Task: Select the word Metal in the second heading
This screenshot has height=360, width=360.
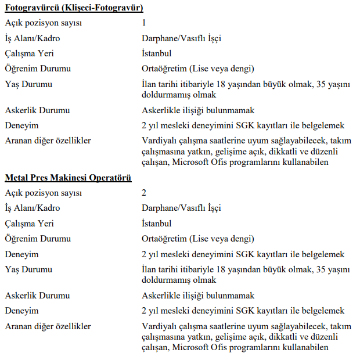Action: tap(17, 177)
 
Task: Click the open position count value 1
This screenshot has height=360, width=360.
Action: tap(144, 23)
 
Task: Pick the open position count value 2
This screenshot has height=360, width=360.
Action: tap(144, 193)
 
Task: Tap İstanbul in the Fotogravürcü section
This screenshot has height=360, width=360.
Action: tap(157, 53)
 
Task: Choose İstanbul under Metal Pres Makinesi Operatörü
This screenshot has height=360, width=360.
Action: tap(157, 224)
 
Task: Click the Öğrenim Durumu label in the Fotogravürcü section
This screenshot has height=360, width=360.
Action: tap(38, 69)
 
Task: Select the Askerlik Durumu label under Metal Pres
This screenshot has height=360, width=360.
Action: tap(37, 296)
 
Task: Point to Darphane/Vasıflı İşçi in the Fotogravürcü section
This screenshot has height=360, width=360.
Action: tap(181, 38)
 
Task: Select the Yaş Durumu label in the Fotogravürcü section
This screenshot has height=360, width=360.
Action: tap(28, 84)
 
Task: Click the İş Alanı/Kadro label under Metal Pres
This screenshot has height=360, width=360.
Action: tap(33, 208)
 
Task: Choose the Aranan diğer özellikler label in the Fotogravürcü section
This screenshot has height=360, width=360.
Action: tap(48, 141)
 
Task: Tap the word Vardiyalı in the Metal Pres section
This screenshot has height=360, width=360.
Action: tap(161, 326)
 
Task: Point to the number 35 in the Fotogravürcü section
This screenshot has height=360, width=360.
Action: tap(321, 84)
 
